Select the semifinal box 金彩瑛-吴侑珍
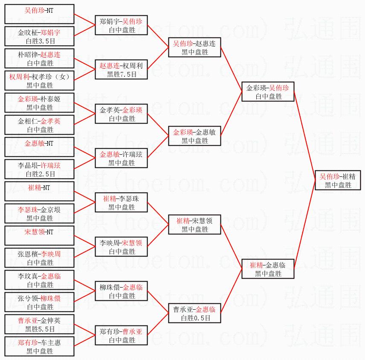click(267, 92)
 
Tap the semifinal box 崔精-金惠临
click(267, 269)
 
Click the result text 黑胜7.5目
click(122, 74)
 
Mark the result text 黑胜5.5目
click(39, 329)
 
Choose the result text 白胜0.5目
click(195, 318)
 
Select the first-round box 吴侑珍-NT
click(39, 14)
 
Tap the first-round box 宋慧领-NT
click(39, 236)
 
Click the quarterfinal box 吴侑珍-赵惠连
click(195, 47)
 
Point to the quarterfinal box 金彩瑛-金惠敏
click(195, 136)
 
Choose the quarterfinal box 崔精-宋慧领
click(195, 225)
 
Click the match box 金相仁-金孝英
click(39, 125)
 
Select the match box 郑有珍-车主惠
click(39, 346)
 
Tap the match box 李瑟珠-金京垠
click(39, 213)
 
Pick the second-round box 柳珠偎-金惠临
click(122, 291)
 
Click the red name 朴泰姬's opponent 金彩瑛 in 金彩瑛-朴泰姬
click(27, 99)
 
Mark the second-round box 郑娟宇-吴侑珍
click(122, 25)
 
